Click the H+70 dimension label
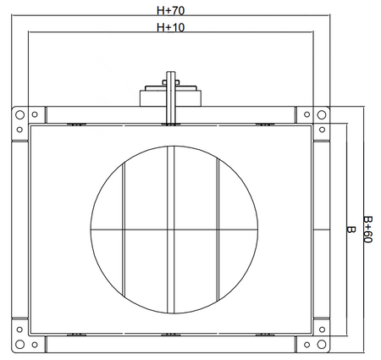[170, 10]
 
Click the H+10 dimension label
[170, 27]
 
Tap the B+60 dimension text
[367, 230]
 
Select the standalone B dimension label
[351, 230]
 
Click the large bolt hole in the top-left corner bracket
[19, 115]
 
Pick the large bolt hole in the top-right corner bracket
[322, 115]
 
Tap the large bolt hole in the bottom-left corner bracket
[19, 344]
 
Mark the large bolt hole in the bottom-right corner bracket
[322, 344]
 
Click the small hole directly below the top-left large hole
[19, 130]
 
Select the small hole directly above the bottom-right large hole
[322, 330]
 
